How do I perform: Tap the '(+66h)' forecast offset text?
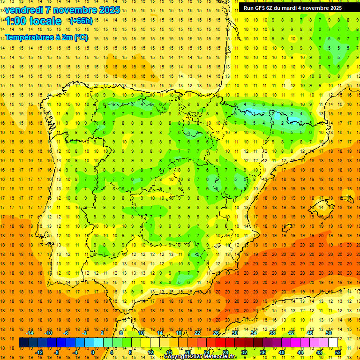(81, 21)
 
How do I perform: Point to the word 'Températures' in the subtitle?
(29, 37)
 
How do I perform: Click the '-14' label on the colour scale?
(30, 333)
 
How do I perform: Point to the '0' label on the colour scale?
(93, 352)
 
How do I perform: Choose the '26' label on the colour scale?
(216, 333)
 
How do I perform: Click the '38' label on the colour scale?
(272, 333)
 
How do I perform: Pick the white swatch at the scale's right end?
(333, 343)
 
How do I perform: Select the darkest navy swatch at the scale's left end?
(23, 343)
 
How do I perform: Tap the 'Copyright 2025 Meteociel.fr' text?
(200, 357)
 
